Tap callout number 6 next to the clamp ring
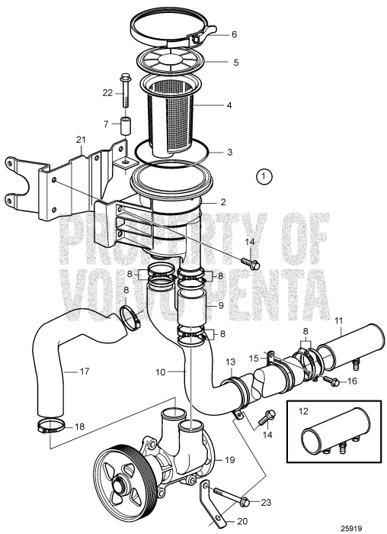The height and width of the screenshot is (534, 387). coord(235,34)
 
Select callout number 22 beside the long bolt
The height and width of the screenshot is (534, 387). coord(108,92)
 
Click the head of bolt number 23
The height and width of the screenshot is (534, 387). coord(245,502)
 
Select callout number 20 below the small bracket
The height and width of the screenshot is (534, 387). coord(222,523)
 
